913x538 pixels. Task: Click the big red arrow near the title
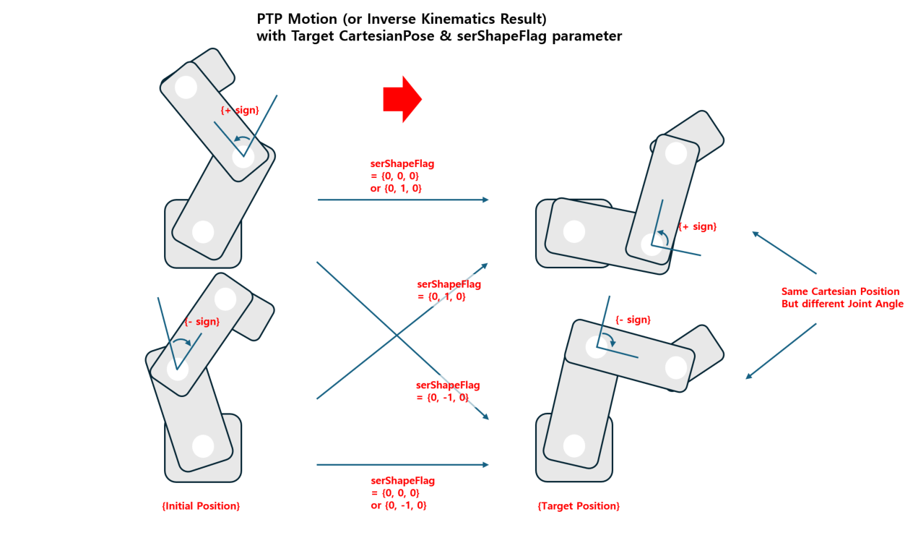[401, 98]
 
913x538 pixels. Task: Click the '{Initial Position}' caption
[201, 506]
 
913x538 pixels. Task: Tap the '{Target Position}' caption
[579, 506]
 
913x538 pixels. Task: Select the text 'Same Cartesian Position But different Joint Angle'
[841, 297]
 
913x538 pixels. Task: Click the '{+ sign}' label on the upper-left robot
[239, 110]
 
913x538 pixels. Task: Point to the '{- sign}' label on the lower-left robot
[202, 322]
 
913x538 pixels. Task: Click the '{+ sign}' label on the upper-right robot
[697, 226]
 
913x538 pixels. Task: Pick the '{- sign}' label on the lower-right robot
[633, 320]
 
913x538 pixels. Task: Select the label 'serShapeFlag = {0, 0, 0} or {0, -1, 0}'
[398, 493]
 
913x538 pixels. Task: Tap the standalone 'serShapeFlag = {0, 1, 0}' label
[449, 290]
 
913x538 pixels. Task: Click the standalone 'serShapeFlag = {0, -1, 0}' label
[448, 391]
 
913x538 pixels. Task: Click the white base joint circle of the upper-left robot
[203, 232]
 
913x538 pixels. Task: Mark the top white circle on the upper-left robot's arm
[186, 87]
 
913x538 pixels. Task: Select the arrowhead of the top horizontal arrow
[485, 200]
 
